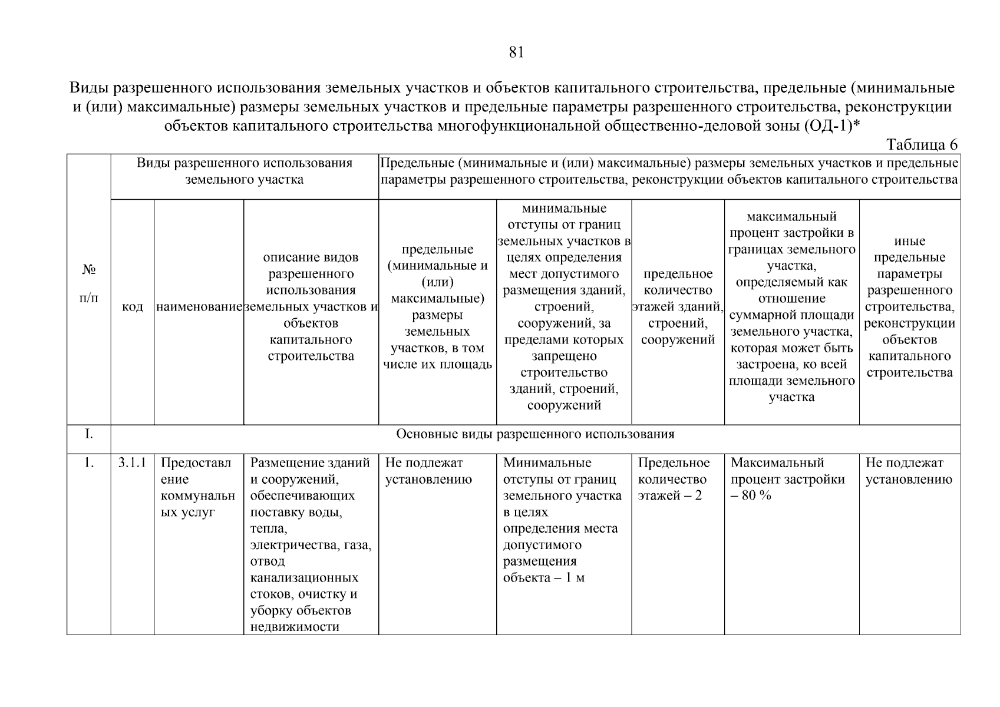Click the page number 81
(x=516, y=52)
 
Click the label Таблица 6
(x=922, y=145)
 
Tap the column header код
(x=133, y=307)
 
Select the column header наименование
(x=199, y=307)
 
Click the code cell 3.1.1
(x=133, y=463)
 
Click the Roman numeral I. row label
(x=88, y=435)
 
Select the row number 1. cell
(x=88, y=463)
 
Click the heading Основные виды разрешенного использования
(x=534, y=435)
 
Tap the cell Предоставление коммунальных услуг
(x=197, y=487)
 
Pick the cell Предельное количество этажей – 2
(x=674, y=479)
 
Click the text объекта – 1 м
(x=543, y=577)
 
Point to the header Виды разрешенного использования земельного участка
(x=245, y=171)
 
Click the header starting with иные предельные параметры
(x=909, y=307)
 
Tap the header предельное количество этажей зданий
(x=678, y=307)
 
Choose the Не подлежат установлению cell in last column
(x=908, y=471)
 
